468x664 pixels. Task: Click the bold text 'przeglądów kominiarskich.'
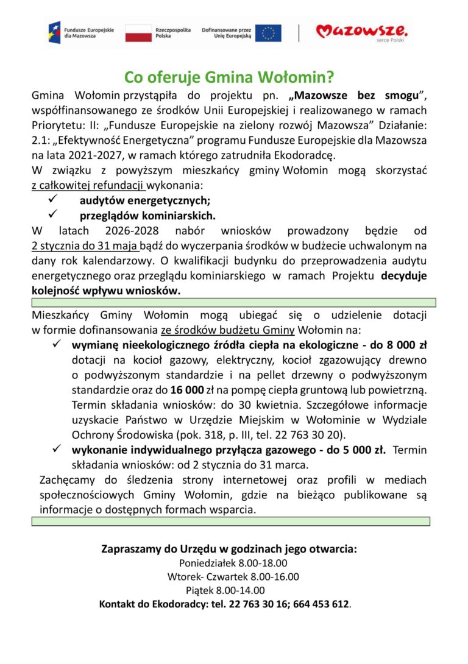point(148,215)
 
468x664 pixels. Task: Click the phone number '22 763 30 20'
point(314,435)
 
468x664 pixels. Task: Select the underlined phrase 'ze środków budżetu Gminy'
point(228,330)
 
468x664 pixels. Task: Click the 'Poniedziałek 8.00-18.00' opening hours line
point(233,563)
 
